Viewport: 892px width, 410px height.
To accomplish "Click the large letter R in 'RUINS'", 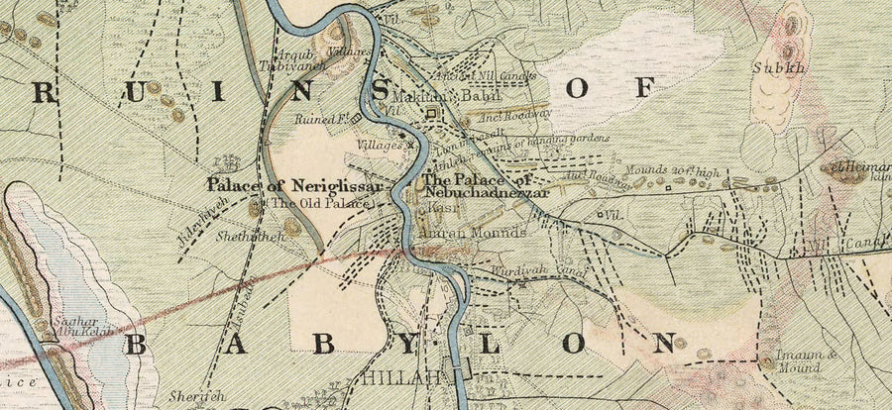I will (x=44, y=92).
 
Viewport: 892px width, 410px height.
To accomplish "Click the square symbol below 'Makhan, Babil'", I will (x=431, y=116).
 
